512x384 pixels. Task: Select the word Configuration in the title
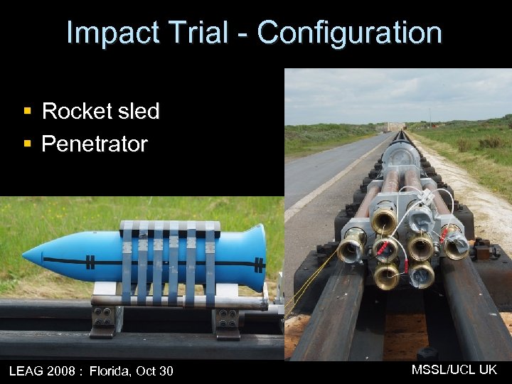click(349, 33)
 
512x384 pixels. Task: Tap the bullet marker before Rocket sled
click(27, 112)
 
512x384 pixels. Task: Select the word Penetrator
click(95, 144)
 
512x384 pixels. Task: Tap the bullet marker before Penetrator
click(27, 144)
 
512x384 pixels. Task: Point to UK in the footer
click(488, 369)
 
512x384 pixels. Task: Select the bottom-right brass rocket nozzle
click(421, 273)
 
